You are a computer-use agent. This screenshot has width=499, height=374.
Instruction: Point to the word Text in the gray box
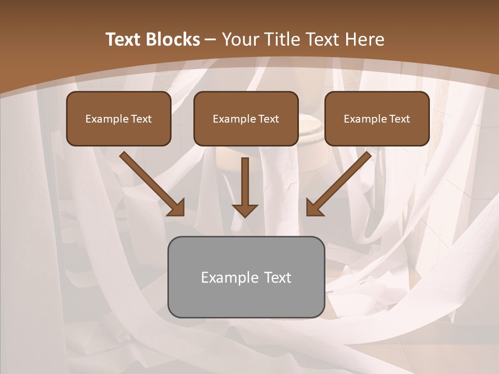277,277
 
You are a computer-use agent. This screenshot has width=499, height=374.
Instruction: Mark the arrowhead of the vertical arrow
245,210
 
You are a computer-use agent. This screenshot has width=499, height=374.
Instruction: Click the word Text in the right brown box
400,119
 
